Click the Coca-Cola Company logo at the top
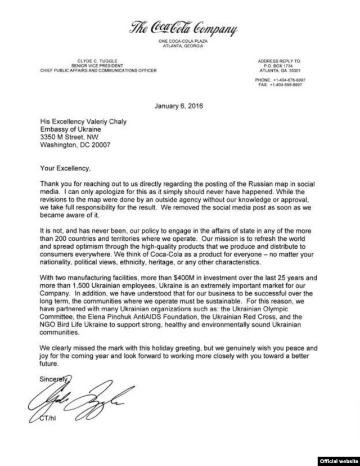[x=183, y=28]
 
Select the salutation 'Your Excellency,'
[x=65, y=167]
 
